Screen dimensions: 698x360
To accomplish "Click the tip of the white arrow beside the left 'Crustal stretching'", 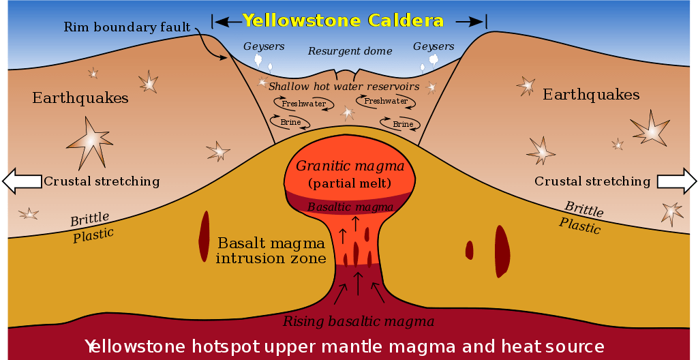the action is click(3, 181).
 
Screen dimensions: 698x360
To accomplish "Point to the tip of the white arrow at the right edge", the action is click(696, 181).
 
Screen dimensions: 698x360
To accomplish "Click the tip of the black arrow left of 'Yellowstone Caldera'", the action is click(215, 21).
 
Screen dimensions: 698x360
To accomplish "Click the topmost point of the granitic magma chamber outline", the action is click(350, 143).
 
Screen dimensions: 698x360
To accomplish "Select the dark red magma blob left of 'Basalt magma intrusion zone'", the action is click(204, 236).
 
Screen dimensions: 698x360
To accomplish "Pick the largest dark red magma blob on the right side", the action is click(502, 252).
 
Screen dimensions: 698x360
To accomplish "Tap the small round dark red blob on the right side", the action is click(469, 250).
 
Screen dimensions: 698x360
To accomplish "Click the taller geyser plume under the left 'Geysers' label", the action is click(258, 60).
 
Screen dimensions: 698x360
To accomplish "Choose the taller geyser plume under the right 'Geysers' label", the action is click(434, 61).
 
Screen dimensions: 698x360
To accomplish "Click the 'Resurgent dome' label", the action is click(350, 51).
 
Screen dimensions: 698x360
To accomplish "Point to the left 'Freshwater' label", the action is click(303, 104).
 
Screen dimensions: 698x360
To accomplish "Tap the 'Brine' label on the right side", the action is click(403, 124).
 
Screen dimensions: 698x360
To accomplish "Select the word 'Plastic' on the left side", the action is click(93, 235).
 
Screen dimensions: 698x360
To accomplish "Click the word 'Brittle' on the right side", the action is click(584, 209).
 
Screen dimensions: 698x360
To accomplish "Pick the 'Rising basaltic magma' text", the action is click(359, 321).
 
